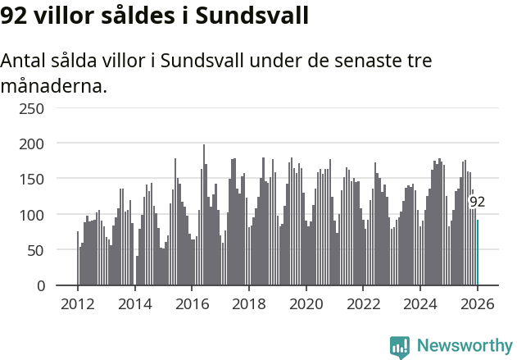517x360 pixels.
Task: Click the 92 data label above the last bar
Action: (477, 202)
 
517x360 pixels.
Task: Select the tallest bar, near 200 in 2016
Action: (204, 215)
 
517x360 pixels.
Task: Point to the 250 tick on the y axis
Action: (33, 108)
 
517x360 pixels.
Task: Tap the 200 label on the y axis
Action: (33, 144)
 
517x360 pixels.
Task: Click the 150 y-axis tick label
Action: (33, 179)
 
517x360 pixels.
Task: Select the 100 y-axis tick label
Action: (33, 215)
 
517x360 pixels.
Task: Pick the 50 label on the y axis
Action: (37, 250)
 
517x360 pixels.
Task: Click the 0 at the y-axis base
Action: (41, 285)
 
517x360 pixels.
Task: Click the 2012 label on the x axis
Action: (78, 304)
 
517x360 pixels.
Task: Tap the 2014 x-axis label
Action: (135, 304)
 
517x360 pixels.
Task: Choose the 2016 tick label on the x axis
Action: (192, 304)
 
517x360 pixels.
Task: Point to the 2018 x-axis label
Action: (249, 304)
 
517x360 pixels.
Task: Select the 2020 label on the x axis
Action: (306, 304)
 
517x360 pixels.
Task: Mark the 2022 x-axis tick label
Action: (363, 304)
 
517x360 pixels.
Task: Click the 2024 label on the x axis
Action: (420, 304)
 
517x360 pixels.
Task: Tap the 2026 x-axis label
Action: (478, 304)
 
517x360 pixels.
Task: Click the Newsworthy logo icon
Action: (400, 347)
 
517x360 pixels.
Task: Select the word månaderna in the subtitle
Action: (54, 85)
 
